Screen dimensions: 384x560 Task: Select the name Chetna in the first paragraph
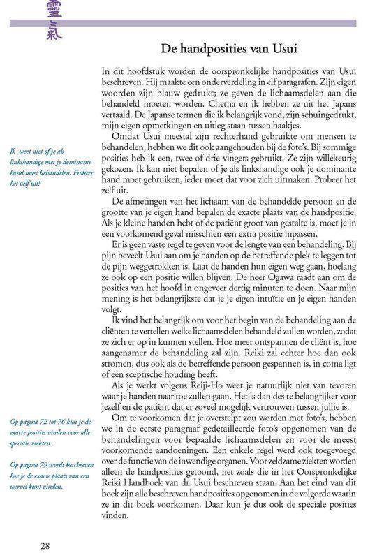[235, 105]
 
